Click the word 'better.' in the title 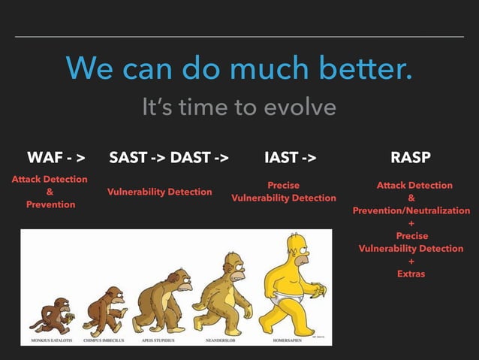tap(362, 69)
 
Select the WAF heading tap(44, 158)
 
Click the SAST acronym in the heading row tap(128, 158)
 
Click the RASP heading tap(411, 158)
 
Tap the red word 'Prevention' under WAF tap(50, 204)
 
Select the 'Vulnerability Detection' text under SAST tap(159, 192)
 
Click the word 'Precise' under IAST tap(283, 185)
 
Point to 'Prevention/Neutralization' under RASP tap(411, 210)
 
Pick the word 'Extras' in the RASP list tap(411, 274)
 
